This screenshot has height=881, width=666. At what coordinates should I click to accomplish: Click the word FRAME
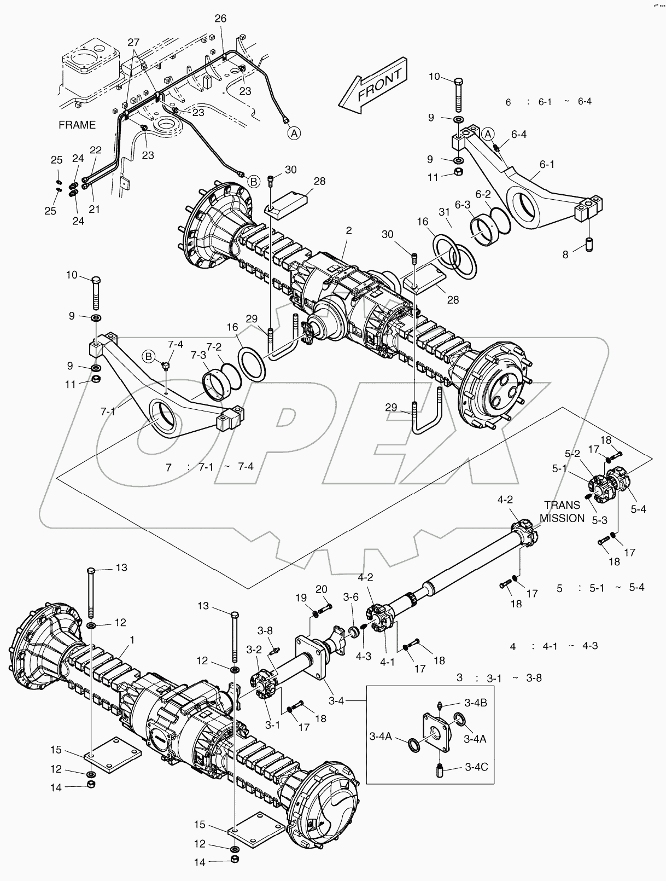click(77, 125)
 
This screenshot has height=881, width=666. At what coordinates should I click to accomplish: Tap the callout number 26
click(220, 19)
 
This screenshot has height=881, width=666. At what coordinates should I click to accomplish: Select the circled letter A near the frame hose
click(294, 132)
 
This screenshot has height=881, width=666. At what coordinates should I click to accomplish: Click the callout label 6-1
click(546, 164)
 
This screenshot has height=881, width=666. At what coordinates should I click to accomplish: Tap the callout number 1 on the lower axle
click(131, 639)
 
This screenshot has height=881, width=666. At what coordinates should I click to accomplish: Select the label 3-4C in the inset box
click(476, 767)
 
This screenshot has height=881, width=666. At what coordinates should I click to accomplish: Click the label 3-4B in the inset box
click(475, 703)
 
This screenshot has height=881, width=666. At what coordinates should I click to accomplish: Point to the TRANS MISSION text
click(562, 512)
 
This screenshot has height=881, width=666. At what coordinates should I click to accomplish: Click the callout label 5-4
click(638, 509)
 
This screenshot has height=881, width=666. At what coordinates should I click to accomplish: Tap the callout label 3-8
click(265, 630)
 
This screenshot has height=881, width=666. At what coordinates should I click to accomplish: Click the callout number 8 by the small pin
click(565, 254)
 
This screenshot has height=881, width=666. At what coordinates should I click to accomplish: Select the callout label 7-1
click(108, 410)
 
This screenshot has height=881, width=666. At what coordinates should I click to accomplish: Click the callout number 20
click(322, 589)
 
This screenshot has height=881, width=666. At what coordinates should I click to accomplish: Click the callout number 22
click(96, 150)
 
